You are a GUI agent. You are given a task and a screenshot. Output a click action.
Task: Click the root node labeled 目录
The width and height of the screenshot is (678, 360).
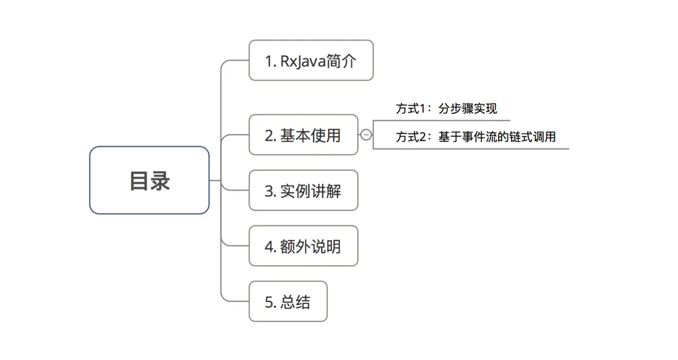[149, 180]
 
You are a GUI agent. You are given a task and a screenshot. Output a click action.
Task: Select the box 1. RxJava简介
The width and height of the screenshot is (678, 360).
[311, 60]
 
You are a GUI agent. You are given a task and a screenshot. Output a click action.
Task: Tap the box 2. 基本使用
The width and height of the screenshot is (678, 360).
[303, 135]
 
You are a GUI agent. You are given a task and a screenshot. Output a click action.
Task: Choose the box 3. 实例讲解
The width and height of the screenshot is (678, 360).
[303, 190]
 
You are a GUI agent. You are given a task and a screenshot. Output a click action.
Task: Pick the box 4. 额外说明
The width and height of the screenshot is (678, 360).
[303, 246]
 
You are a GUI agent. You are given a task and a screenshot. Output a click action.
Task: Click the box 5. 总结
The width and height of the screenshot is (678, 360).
[288, 301]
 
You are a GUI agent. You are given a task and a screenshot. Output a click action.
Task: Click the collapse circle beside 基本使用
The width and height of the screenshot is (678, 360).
[366, 135]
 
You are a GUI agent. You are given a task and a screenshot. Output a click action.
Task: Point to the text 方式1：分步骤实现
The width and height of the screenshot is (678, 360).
[446, 108]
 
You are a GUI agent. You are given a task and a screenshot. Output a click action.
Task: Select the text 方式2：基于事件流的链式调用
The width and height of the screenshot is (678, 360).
[475, 137]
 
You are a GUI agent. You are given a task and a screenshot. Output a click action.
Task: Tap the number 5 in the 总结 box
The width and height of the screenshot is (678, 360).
[268, 302]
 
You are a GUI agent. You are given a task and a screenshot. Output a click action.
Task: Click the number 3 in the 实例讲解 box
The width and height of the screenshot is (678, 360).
[268, 191]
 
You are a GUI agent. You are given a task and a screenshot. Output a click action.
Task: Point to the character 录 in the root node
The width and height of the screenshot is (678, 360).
[160, 181]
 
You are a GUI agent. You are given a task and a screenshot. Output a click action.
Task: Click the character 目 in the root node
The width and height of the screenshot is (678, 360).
[139, 181]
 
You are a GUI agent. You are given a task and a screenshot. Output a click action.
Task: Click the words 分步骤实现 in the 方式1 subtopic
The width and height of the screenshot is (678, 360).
[467, 108]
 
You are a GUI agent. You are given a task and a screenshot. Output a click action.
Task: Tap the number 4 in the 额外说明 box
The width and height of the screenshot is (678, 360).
[268, 247]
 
